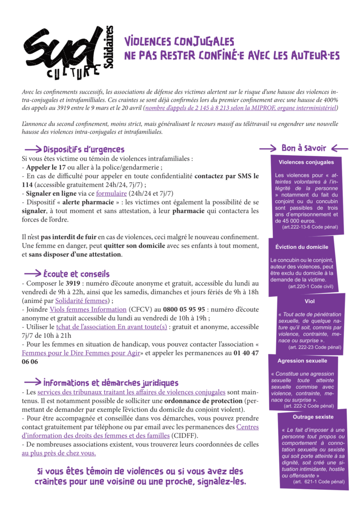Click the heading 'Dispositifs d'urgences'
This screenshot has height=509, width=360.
tap(84, 150)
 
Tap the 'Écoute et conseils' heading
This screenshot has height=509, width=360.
tap(76, 274)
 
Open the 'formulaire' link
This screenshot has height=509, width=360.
tap(112, 193)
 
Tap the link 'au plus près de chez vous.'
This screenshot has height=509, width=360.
tap(59, 453)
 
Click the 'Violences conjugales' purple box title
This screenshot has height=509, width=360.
tap(306, 162)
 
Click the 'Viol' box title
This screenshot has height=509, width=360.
tap(310, 301)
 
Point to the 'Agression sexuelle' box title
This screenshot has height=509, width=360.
tap(302, 361)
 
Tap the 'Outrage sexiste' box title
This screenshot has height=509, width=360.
tap(313, 417)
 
